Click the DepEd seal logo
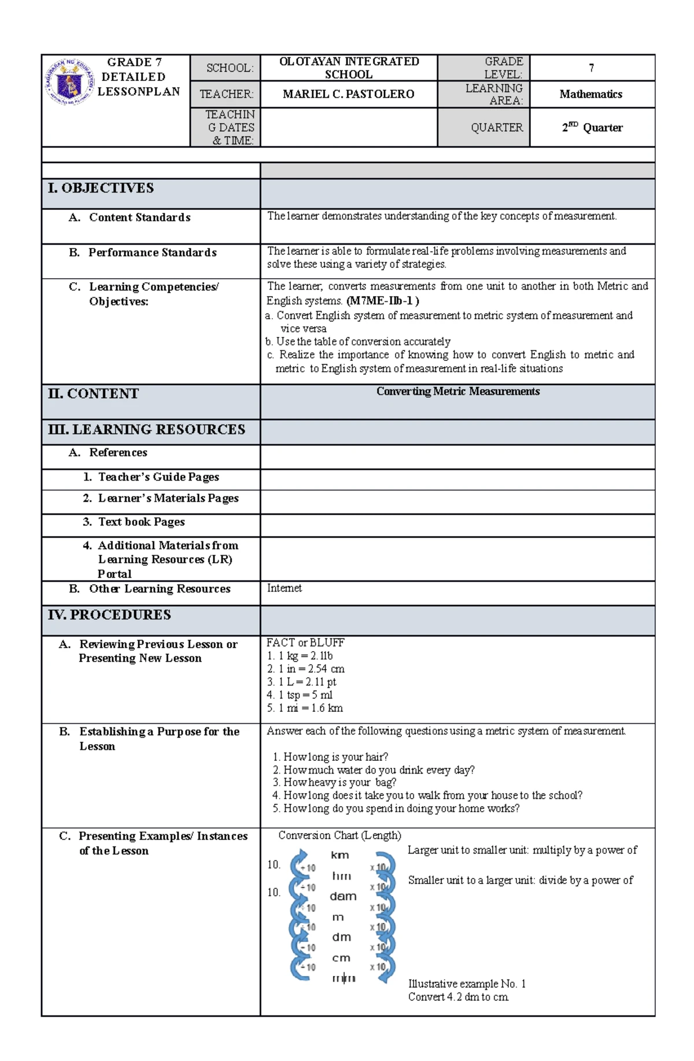pyautogui.click(x=69, y=82)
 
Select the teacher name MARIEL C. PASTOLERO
pyautogui.click(x=348, y=94)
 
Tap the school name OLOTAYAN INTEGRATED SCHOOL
pyautogui.click(x=349, y=68)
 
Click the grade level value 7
pyautogui.click(x=591, y=68)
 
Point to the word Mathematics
pyautogui.click(x=590, y=94)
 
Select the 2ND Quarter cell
pyautogui.click(x=592, y=127)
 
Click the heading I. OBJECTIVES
pyautogui.click(x=101, y=188)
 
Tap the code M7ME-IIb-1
pyautogui.click(x=382, y=301)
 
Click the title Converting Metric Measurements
pyautogui.click(x=457, y=391)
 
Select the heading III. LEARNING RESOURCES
pyautogui.click(x=147, y=430)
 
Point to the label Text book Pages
pyautogui.click(x=141, y=522)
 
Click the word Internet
pyautogui.click(x=284, y=588)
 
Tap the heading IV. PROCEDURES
pyautogui.click(x=110, y=615)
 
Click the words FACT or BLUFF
pyautogui.click(x=305, y=642)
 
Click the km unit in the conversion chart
pyautogui.click(x=339, y=855)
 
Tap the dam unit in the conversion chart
pyautogui.click(x=343, y=896)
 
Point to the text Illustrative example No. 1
pyautogui.click(x=467, y=984)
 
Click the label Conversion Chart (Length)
pyautogui.click(x=339, y=836)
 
